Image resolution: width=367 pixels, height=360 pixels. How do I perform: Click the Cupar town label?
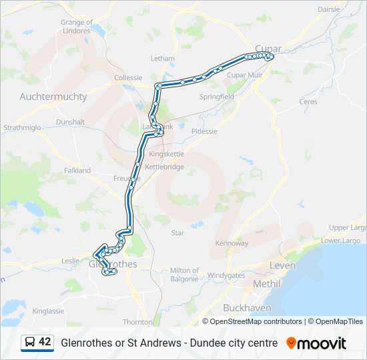coord(268,49)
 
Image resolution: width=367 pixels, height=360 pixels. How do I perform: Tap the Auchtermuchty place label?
coord(53,97)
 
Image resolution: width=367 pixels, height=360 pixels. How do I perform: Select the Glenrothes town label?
coord(113,264)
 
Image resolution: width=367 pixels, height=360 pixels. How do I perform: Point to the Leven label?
coord(282,265)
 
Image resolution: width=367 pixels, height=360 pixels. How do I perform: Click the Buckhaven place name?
coord(247,308)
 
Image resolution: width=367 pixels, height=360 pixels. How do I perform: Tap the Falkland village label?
coord(77,171)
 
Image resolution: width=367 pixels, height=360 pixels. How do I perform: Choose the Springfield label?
coord(217,97)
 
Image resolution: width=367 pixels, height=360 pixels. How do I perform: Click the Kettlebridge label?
coord(164,167)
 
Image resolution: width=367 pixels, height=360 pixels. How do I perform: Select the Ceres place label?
coord(308,102)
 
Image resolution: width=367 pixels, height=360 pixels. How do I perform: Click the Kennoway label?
coord(232,243)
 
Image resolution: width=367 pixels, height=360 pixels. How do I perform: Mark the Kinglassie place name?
coord(48,311)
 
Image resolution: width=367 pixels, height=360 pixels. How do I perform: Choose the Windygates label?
coord(226,275)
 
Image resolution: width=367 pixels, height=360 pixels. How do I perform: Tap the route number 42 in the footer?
coord(45,342)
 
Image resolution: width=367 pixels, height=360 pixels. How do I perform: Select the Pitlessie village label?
coord(204,131)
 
